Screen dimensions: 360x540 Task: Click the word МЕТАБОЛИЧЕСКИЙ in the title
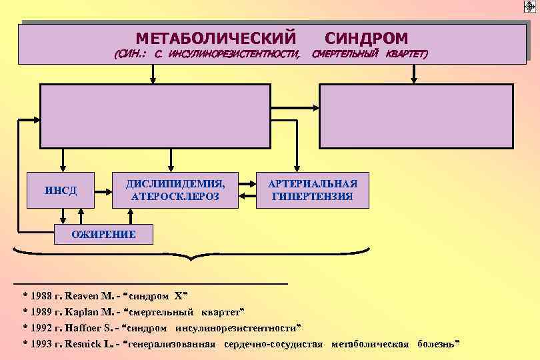pyautogui.click(x=216, y=39)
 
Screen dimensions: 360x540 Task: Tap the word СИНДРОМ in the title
pyautogui.click(x=367, y=39)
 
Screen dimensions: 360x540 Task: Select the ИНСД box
pyautogui.click(x=61, y=191)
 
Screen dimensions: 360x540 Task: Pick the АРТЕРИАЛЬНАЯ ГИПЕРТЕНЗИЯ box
pyautogui.click(x=313, y=190)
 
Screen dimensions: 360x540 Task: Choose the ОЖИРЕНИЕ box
pyautogui.click(x=103, y=234)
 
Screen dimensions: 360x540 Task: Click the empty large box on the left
pyautogui.click(x=155, y=115)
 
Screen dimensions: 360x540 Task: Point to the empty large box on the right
pyautogui.click(x=417, y=115)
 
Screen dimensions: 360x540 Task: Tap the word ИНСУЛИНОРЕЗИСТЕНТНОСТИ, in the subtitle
pyautogui.click(x=233, y=53)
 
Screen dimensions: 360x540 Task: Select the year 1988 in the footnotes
pyautogui.click(x=42, y=295)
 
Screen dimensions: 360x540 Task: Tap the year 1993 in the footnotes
pyautogui.click(x=42, y=344)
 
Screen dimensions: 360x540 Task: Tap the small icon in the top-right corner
pyautogui.click(x=531, y=6)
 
